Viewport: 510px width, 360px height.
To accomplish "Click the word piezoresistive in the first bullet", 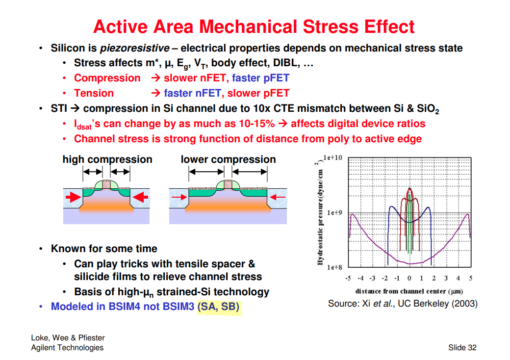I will click(135, 48).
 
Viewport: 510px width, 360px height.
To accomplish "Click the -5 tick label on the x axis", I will click(348, 278).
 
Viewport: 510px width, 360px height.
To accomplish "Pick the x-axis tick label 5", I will click(470, 278).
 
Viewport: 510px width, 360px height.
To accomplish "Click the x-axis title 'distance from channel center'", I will click(409, 291).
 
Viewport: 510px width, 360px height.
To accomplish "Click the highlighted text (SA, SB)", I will click(219, 307).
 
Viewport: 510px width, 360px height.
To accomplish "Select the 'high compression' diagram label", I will click(107, 159).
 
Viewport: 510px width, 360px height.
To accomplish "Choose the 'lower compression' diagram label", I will click(228, 159).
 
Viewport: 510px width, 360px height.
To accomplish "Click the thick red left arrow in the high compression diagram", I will click(73, 197).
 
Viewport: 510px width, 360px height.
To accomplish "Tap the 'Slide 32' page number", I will click(462, 348).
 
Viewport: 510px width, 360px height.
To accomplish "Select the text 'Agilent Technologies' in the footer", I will click(67, 348).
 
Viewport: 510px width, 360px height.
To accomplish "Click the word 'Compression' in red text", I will click(107, 78).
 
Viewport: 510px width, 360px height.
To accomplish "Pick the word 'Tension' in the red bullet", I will click(94, 93).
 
